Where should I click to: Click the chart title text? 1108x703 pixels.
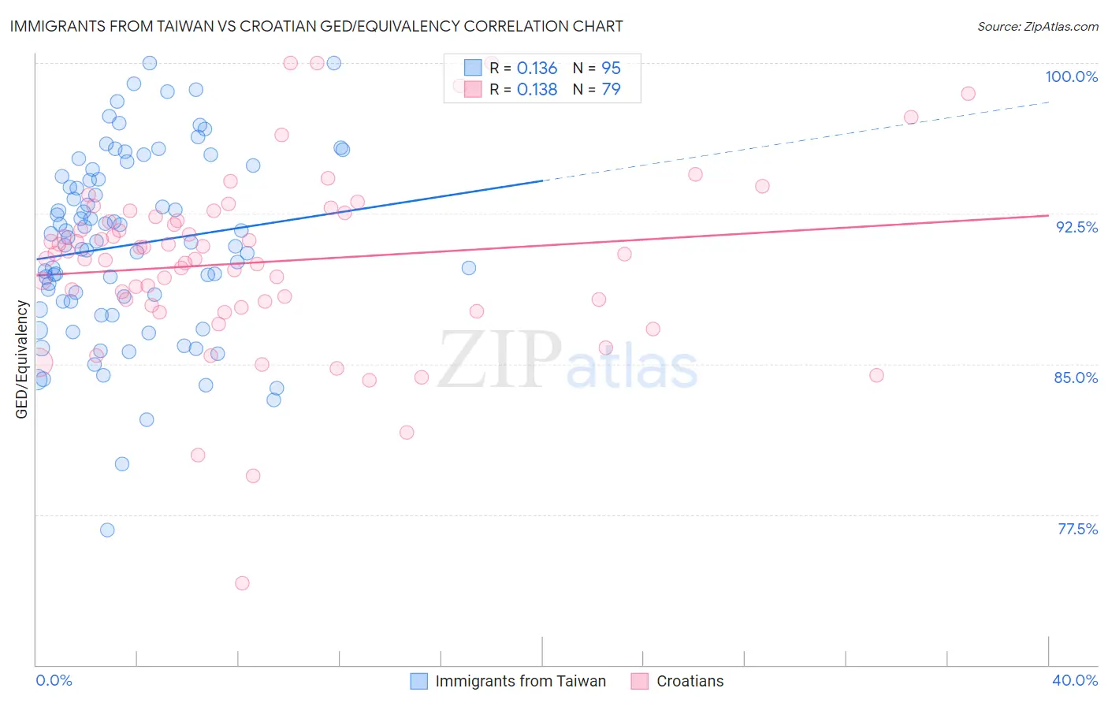pos(315,26)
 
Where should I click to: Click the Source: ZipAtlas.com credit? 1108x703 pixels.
pos(1037,27)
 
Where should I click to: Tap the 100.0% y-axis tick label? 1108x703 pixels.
pos(1071,76)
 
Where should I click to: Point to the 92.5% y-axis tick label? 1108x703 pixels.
pos(1076,227)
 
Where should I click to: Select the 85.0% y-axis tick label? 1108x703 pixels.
pos(1076,378)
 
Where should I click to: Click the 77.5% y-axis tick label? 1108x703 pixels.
pos(1077,529)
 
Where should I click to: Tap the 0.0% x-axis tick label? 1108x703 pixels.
pos(54,680)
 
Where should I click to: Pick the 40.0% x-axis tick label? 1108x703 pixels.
pos(1074,680)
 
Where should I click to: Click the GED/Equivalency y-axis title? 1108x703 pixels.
pos(22,359)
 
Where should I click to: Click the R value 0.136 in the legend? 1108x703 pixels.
pos(537,69)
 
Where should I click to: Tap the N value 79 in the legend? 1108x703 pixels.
pos(611,90)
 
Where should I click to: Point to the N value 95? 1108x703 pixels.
pos(611,69)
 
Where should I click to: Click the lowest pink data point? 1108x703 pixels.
pos(242,583)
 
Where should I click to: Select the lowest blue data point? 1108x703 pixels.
pos(107,530)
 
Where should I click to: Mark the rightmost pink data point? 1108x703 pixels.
pos(968,94)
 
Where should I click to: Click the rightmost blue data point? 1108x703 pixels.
pos(469,268)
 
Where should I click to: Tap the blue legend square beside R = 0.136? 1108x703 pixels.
pos(472,68)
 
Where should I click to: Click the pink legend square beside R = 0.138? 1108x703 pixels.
pos(472,89)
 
